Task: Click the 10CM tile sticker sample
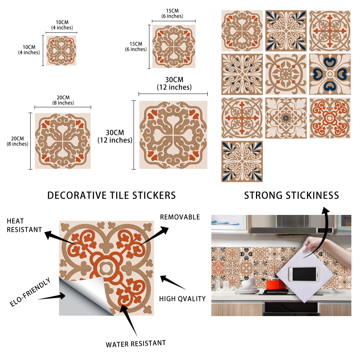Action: [x=61, y=50]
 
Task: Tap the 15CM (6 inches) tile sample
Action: [x=174, y=46]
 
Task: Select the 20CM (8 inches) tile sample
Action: [x=63, y=141]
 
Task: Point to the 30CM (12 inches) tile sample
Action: [x=174, y=135]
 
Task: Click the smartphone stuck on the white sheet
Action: [x=304, y=274]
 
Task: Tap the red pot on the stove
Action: [x=276, y=284]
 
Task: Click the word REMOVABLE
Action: [x=180, y=217]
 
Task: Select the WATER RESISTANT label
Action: [x=136, y=344]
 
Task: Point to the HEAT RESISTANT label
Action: [x=24, y=225]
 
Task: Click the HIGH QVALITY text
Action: [x=183, y=299]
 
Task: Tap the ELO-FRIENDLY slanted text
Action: [x=30, y=292]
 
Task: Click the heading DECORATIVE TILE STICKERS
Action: [x=112, y=195]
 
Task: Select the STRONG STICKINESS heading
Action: [x=291, y=195]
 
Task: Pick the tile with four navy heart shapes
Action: [x=330, y=74]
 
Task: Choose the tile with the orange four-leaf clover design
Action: [x=330, y=118]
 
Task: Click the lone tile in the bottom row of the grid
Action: [x=242, y=161]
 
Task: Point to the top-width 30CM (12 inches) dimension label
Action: [x=174, y=84]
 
